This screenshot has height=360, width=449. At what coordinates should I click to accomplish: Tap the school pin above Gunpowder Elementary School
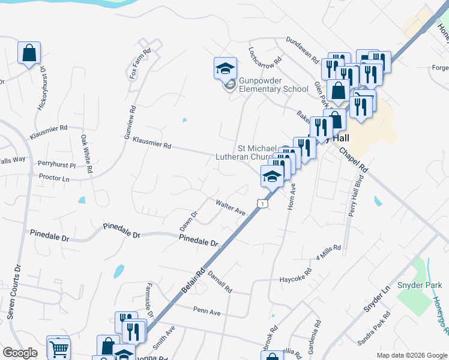click(x=225, y=68)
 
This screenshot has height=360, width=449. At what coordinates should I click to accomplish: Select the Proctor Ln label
click(x=54, y=178)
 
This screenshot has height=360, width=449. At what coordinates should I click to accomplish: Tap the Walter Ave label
click(x=231, y=208)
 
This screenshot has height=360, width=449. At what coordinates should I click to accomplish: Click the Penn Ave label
click(x=207, y=312)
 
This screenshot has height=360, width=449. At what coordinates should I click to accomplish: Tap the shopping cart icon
click(x=58, y=348)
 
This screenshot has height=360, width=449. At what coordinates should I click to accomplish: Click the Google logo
click(x=20, y=353)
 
